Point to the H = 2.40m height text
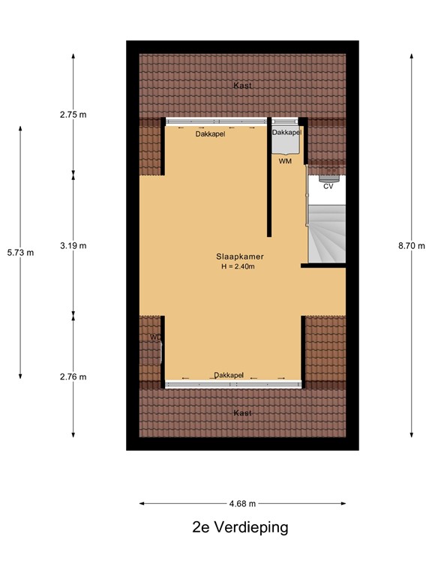tap(238, 267)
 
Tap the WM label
tap(285, 161)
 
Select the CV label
tap(328, 187)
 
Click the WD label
tap(155, 337)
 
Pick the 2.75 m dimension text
tap(73, 115)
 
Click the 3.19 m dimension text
tap(73, 245)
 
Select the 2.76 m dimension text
tap(73, 376)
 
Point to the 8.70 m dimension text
tap(412, 245)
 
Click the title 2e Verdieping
tap(239, 527)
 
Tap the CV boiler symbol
tap(328, 178)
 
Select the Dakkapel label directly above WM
tap(286, 133)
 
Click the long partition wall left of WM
tap(268, 180)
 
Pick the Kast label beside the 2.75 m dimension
tap(242, 85)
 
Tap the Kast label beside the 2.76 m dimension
tap(242, 413)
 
